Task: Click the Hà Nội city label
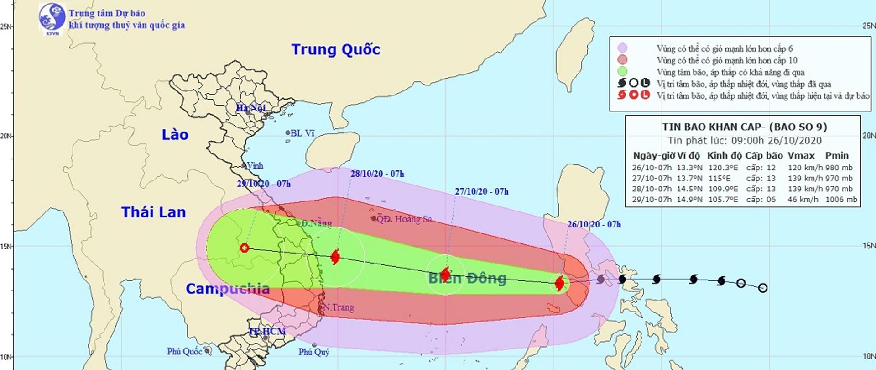pyautogui.click(x=250, y=108)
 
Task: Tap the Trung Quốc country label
pyautogui.click(x=335, y=49)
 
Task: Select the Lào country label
pyautogui.click(x=175, y=135)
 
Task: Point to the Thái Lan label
pyautogui.click(x=153, y=212)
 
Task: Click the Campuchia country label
pyautogui.click(x=227, y=289)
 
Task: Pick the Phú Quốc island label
pyautogui.click(x=184, y=351)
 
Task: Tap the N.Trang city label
pyautogui.click(x=338, y=307)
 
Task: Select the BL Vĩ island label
pyautogui.click(x=302, y=133)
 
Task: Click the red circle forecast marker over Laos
pyautogui.click(x=245, y=248)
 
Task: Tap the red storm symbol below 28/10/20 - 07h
pyautogui.click(x=335, y=257)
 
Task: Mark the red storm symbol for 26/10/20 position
pyautogui.click(x=559, y=284)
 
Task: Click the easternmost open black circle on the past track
pyautogui.click(x=763, y=288)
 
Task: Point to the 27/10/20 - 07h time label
pyautogui.click(x=481, y=191)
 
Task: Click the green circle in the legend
pyautogui.click(x=622, y=72)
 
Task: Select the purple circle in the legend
pyautogui.click(x=622, y=48)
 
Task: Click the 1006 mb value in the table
pyautogui.click(x=841, y=200)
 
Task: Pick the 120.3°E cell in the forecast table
pyautogui.click(x=723, y=168)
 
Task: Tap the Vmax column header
pyautogui.click(x=801, y=155)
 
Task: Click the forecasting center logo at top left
pyautogui.click(x=52, y=18)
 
